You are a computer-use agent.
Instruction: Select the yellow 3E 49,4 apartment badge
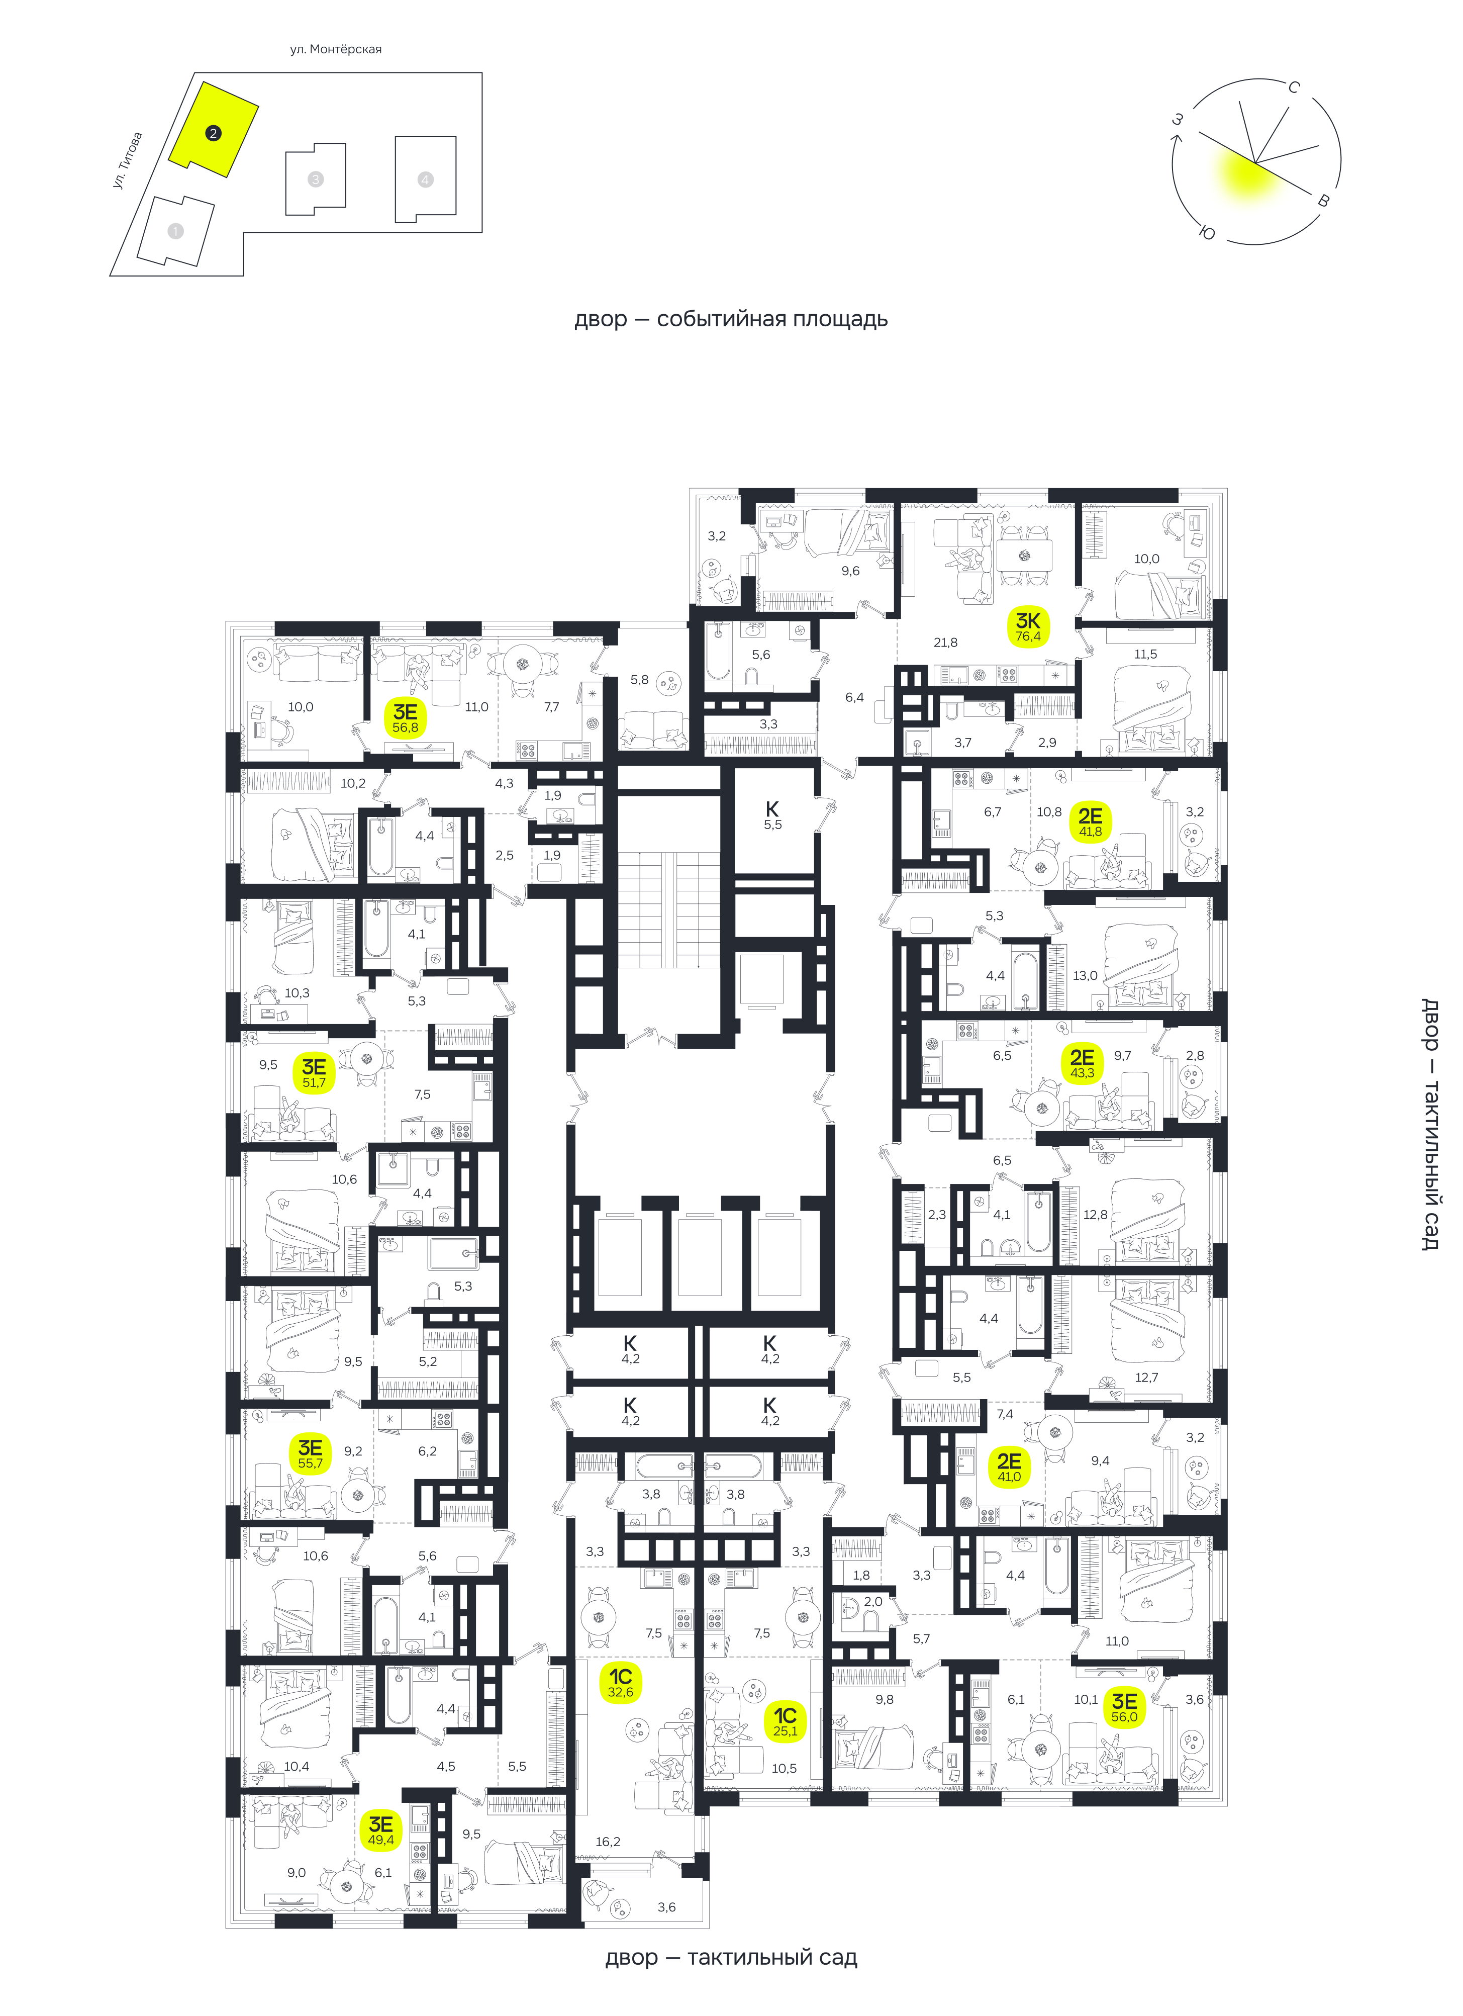pos(380,1830)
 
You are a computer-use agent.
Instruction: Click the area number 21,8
pos(945,643)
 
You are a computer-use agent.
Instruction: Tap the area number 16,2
pos(608,1842)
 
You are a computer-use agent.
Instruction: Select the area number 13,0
pos(1085,975)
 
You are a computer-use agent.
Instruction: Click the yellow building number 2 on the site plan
pos(213,133)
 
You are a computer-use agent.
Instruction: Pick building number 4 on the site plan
pos(425,179)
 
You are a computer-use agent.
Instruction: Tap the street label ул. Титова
pos(127,160)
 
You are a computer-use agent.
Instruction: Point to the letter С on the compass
pos(1294,87)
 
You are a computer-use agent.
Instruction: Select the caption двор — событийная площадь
pos(731,319)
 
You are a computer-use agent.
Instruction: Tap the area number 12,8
pos(1095,1214)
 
